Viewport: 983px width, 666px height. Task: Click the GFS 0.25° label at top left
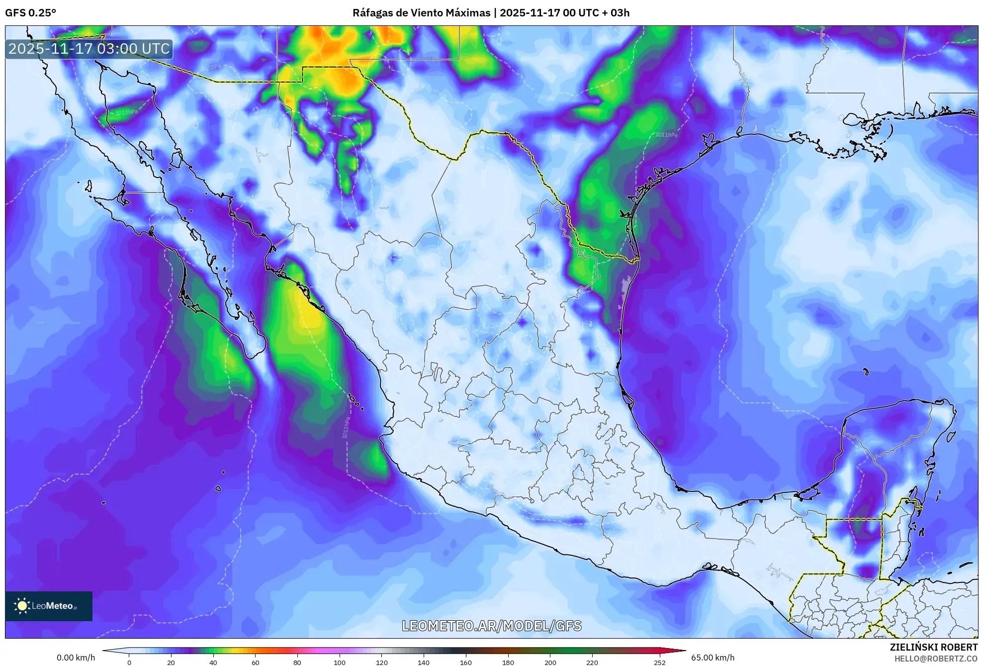pos(30,13)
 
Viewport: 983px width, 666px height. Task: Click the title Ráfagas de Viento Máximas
pos(421,13)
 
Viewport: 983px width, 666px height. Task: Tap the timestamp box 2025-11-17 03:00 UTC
pos(89,49)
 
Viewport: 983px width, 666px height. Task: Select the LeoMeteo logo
pos(48,606)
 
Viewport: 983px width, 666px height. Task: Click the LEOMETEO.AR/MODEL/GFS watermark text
pos(491,626)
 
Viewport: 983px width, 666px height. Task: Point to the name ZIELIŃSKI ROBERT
pos(933,647)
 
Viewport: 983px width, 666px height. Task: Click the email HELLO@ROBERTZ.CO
pos(935,659)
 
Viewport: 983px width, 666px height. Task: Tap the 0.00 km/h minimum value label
pos(76,658)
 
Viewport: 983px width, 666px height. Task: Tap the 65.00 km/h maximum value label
pos(713,658)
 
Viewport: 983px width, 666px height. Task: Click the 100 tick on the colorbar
pos(339,662)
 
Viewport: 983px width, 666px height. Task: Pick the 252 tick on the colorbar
pos(659,662)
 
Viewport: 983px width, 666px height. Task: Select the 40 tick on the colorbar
pos(213,662)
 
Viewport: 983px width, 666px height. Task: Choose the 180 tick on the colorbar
pos(508,662)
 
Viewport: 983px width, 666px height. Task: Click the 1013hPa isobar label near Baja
pos(126,112)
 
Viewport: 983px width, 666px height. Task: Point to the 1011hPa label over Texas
pos(666,135)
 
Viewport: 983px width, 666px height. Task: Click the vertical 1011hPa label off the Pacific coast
pos(346,428)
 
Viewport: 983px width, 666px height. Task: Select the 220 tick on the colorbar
pos(592,662)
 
